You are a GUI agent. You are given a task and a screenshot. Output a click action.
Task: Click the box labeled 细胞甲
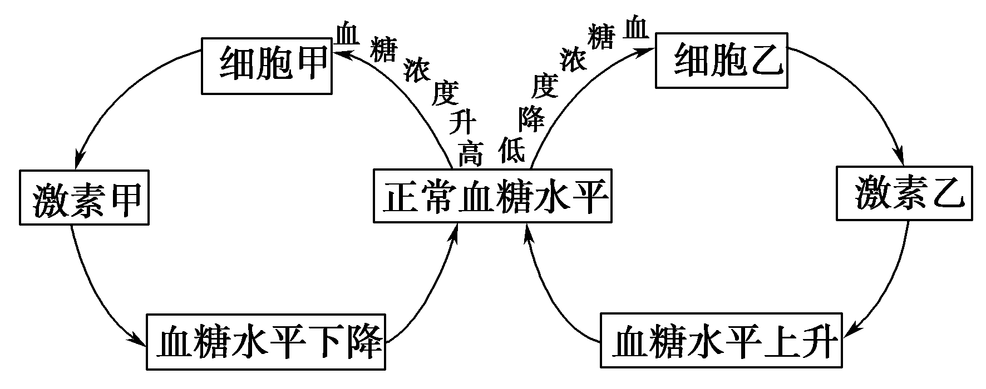(x=267, y=66)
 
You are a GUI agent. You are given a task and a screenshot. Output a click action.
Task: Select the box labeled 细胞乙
(x=721, y=61)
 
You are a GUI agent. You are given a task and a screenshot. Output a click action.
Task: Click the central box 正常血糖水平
(x=492, y=196)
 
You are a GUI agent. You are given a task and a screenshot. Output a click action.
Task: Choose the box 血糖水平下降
(x=267, y=342)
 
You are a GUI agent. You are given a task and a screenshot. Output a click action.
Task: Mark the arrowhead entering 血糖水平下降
(x=138, y=340)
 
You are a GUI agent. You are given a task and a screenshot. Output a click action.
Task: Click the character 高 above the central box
(x=470, y=154)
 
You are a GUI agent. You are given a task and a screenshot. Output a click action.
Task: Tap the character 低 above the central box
(x=511, y=151)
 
